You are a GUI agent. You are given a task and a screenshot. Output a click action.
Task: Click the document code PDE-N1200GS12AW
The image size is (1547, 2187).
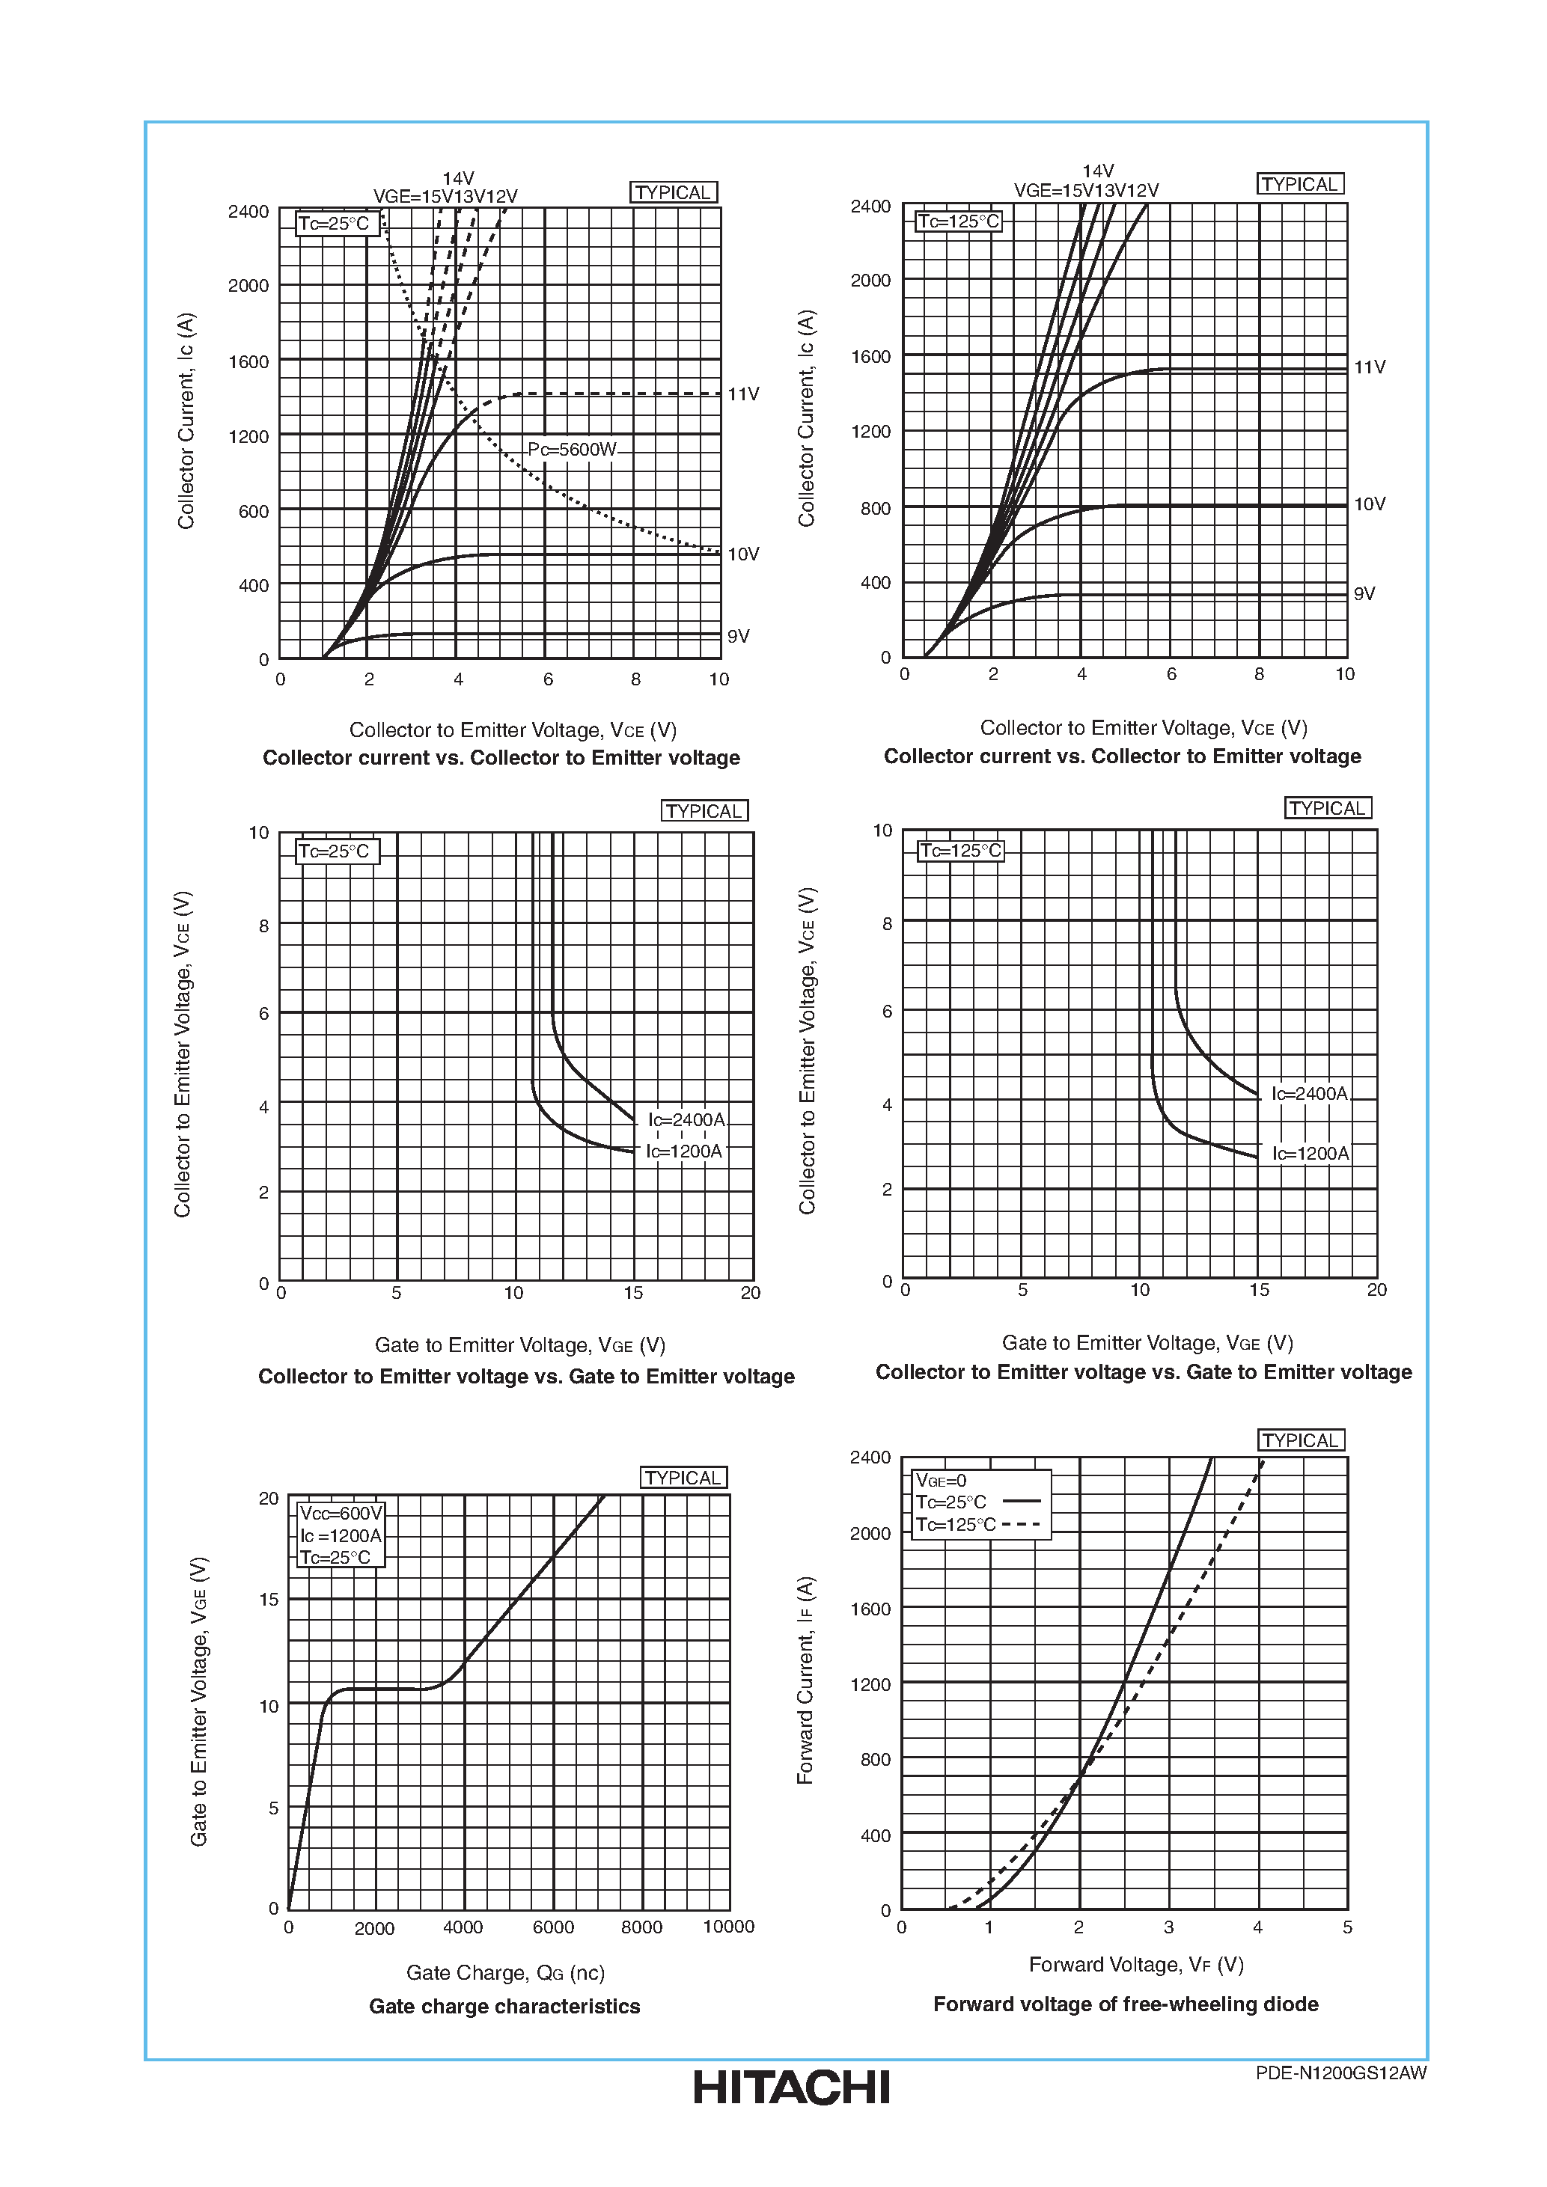(1340, 2073)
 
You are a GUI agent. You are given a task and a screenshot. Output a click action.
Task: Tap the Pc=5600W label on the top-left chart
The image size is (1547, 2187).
(572, 449)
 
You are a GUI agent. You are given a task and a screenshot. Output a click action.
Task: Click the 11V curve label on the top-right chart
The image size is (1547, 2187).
(1369, 367)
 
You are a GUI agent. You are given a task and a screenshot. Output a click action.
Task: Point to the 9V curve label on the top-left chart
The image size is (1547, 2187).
(737, 635)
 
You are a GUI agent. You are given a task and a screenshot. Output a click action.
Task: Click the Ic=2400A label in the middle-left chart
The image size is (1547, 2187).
(686, 1119)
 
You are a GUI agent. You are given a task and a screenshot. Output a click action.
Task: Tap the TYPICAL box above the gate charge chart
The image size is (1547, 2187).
(683, 1478)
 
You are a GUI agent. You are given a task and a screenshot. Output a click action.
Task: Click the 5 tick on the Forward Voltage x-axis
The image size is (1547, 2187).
(1347, 1926)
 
